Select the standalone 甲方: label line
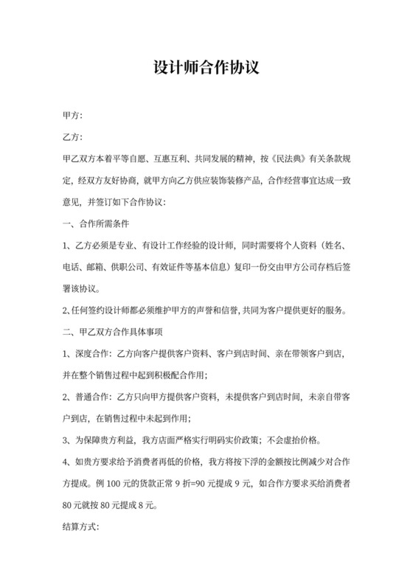pyautogui.click(x=73, y=116)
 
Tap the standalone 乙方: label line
pyautogui.click(x=73, y=137)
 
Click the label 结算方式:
pyautogui.click(x=82, y=528)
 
